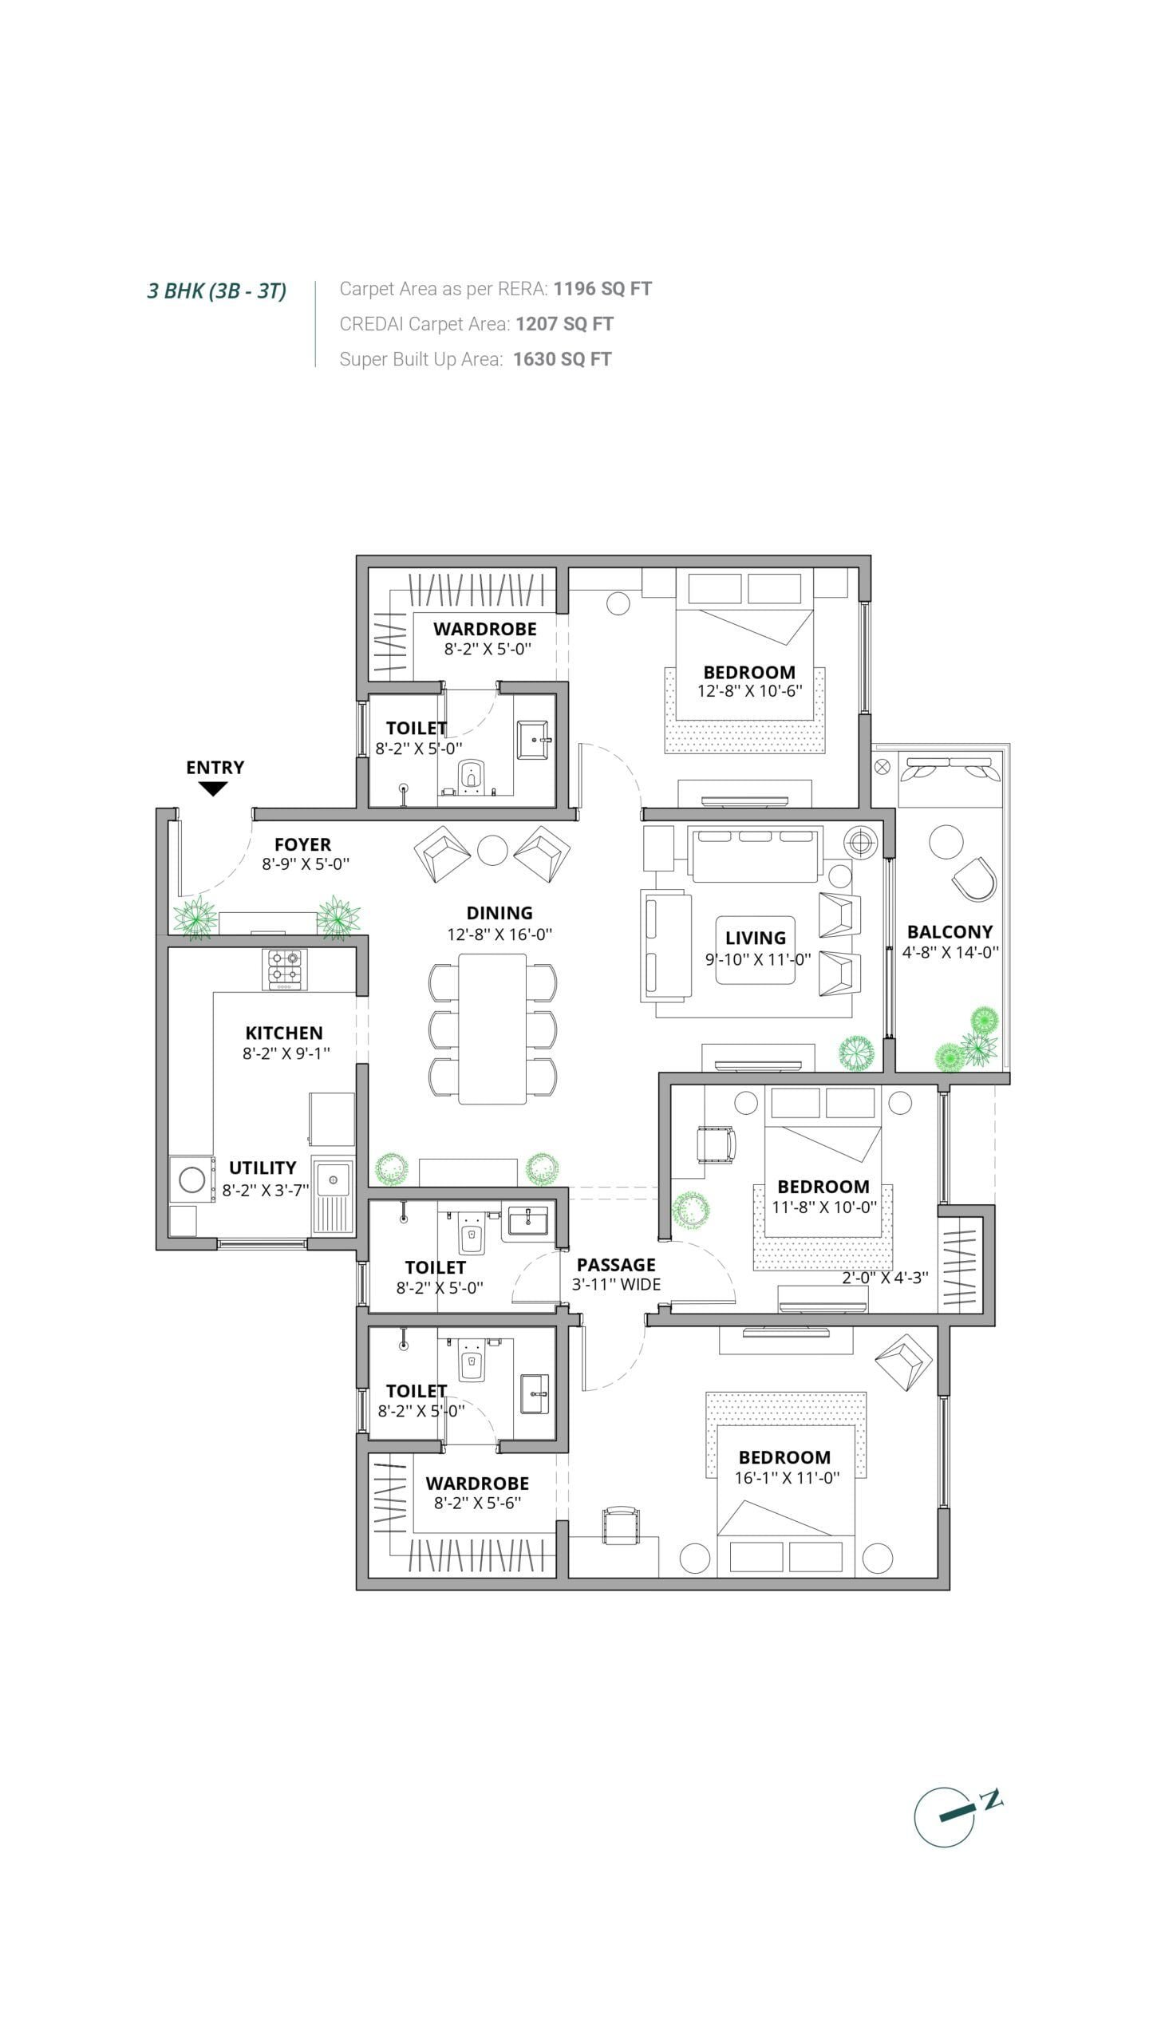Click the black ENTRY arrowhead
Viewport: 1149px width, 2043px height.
point(212,788)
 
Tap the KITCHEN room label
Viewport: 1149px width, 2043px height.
point(284,1033)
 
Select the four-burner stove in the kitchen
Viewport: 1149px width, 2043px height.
point(285,970)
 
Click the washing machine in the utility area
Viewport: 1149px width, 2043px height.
point(192,1180)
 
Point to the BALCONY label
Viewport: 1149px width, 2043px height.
point(950,931)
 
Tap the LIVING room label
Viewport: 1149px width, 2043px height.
point(756,939)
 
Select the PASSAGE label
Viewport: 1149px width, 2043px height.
point(616,1265)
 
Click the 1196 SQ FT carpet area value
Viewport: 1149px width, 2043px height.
point(602,289)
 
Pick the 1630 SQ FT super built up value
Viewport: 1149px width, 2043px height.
point(563,359)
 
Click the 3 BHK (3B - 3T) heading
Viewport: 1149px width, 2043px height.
point(217,290)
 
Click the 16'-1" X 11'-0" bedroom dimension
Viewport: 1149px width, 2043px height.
point(787,1478)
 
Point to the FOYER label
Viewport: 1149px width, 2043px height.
point(302,844)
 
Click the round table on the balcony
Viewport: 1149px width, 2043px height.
point(946,841)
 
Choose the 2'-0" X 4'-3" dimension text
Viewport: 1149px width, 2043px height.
point(885,1278)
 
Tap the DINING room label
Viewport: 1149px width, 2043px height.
point(499,913)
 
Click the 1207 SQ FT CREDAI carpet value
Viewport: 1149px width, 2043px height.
point(564,324)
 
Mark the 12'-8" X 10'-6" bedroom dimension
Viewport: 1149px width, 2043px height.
point(749,691)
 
